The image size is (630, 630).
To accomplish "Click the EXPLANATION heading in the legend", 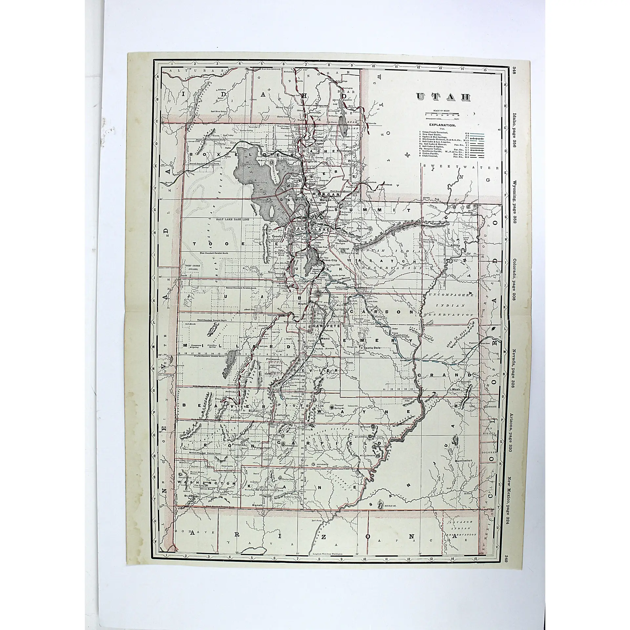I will point(442,125).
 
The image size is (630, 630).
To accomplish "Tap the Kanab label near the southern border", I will point(256,514).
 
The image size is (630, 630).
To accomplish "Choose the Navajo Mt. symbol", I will point(381,512).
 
